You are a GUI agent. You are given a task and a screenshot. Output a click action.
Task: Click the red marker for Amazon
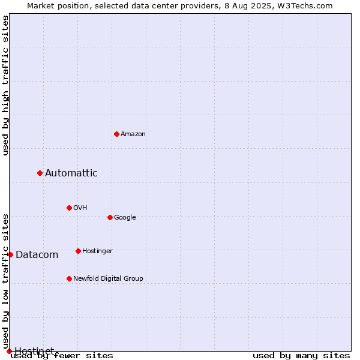click(116, 134)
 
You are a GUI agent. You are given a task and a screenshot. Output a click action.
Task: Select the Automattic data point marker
click(40, 173)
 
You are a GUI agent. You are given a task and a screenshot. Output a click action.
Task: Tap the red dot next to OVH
click(70, 208)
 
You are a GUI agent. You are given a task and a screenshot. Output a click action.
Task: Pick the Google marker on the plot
click(110, 217)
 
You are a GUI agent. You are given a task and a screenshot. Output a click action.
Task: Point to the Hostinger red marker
click(78, 251)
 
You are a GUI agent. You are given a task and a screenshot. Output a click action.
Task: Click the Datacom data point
click(10, 254)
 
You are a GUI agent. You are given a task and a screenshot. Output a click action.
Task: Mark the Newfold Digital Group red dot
click(70, 279)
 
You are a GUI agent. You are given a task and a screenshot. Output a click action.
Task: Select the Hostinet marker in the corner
click(9, 351)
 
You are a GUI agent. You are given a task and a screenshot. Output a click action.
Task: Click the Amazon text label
click(133, 134)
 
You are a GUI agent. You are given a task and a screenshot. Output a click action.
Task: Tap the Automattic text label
click(71, 173)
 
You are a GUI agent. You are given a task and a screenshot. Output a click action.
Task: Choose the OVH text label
click(80, 208)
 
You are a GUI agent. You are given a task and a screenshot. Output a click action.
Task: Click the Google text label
click(125, 217)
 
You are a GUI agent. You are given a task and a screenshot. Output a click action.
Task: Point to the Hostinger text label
click(97, 251)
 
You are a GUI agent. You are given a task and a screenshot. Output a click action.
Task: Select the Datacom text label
click(37, 255)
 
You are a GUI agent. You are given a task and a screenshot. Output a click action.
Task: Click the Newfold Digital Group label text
click(108, 278)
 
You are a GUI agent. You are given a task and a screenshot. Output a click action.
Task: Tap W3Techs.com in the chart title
click(305, 6)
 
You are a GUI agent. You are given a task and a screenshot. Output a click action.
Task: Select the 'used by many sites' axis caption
click(301, 356)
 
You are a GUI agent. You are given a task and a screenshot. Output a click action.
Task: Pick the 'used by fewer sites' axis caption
click(62, 356)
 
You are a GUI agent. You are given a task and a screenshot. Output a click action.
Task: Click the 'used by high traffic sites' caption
click(5, 85)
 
